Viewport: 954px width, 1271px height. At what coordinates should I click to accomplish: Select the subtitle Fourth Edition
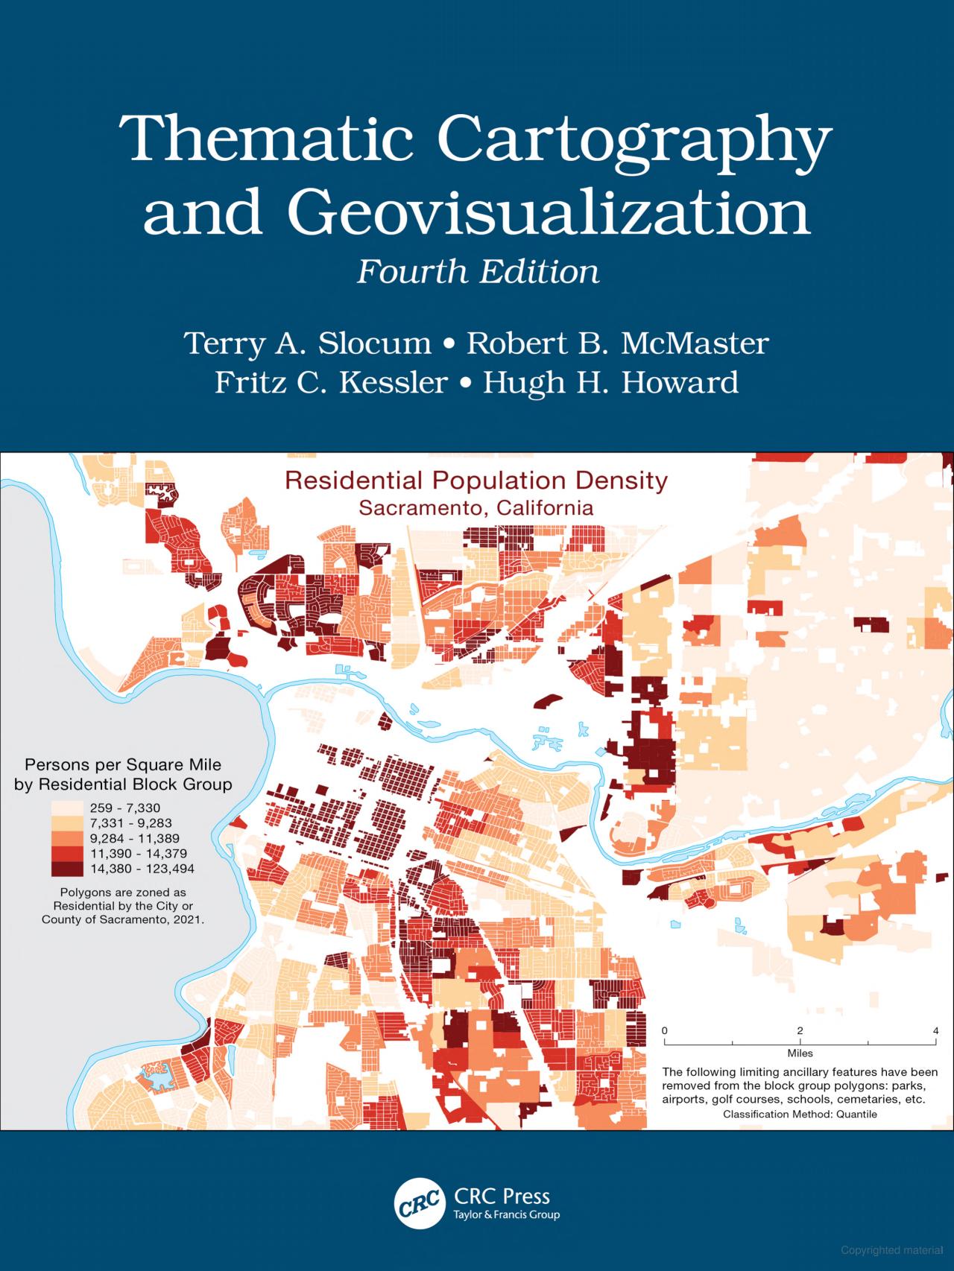tap(478, 272)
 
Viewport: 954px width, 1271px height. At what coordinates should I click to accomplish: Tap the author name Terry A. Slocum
tap(308, 344)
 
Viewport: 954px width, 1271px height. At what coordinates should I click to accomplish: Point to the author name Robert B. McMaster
tap(617, 344)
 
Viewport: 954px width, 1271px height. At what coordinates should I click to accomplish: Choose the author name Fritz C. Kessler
tap(331, 382)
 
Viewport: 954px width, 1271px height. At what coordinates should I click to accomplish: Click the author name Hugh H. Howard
tap(610, 382)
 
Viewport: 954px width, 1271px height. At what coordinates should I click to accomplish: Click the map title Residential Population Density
tap(476, 481)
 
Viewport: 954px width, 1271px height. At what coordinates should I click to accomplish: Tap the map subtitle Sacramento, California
tap(476, 508)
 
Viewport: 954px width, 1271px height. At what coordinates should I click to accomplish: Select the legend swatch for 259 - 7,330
tap(67, 808)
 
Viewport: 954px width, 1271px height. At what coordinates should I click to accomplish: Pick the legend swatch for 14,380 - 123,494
tap(67, 869)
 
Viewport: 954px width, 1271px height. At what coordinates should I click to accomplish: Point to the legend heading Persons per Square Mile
tap(123, 764)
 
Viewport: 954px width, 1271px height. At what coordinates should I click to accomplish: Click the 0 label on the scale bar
tap(665, 1030)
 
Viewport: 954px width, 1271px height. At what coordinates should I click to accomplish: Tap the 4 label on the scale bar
tap(936, 1030)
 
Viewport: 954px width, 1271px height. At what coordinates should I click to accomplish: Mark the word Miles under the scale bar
tap(800, 1053)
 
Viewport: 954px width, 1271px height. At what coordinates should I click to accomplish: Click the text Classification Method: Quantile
tap(800, 1115)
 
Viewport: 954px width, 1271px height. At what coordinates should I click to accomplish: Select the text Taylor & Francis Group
tap(506, 1194)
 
